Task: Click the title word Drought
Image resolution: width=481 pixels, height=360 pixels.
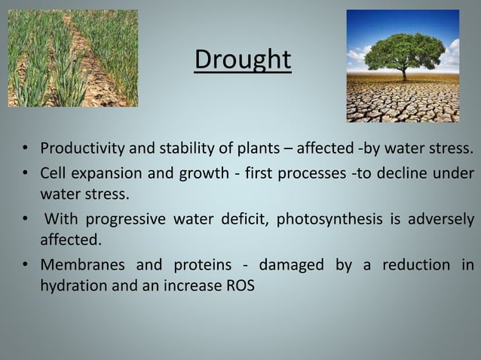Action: (x=242, y=59)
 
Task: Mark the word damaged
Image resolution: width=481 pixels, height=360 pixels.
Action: (x=292, y=265)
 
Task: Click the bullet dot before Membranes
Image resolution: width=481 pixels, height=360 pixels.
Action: (x=26, y=266)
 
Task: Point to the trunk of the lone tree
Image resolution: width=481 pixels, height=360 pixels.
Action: (x=405, y=73)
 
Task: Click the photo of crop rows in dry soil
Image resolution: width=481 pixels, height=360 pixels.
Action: (x=73, y=58)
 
